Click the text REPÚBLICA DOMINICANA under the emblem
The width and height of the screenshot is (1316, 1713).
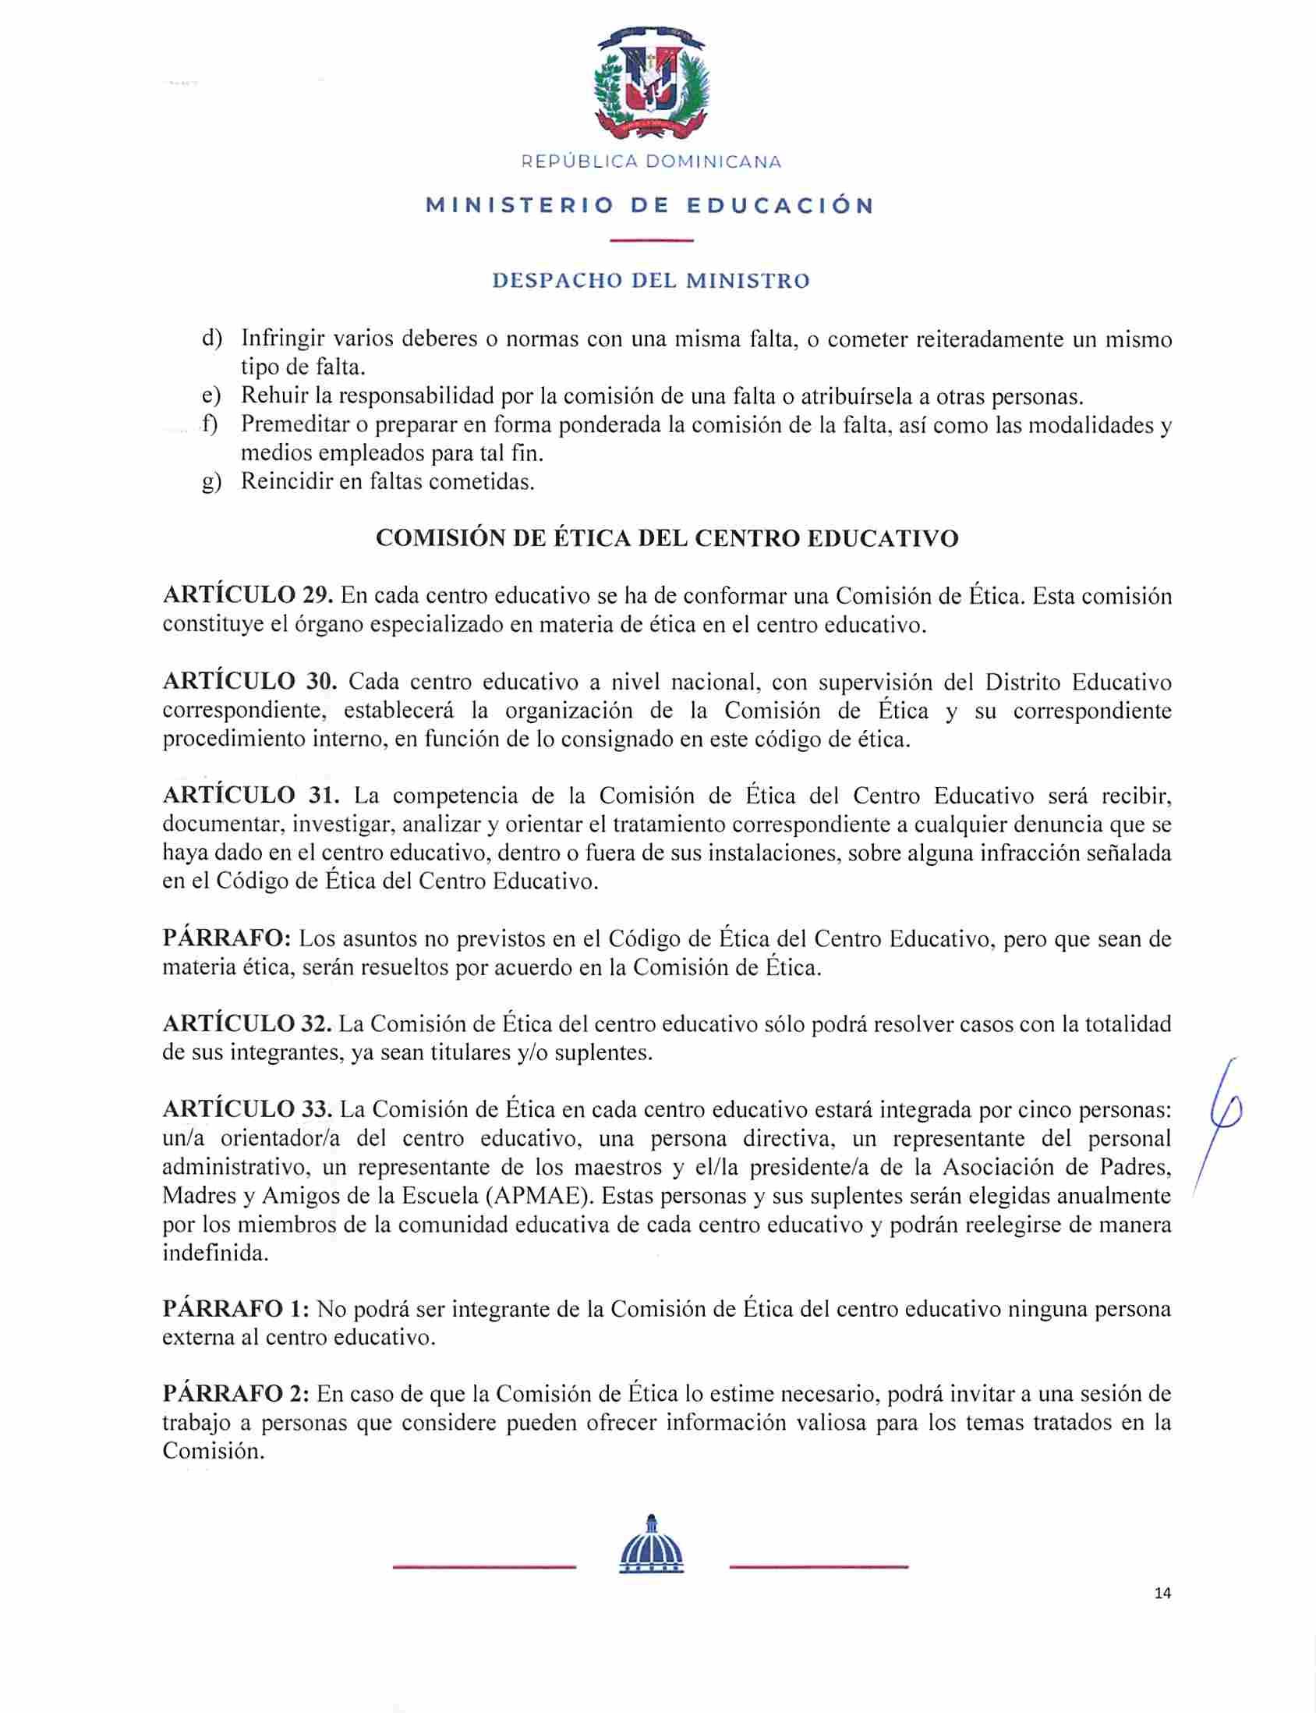click(x=652, y=162)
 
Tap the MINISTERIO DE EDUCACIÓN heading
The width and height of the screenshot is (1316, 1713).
click(x=650, y=206)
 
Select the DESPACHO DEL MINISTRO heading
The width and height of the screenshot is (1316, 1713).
click(x=651, y=281)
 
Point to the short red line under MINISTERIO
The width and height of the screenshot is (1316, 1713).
click(x=651, y=239)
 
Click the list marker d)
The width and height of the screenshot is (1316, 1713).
click(x=211, y=339)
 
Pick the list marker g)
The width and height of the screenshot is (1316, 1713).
click(x=211, y=482)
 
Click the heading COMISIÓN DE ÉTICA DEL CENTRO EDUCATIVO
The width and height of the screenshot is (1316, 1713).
click(x=667, y=539)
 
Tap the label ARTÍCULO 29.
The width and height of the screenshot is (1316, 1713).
click(x=249, y=596)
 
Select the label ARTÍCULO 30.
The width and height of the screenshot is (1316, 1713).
click(x=250, y=682)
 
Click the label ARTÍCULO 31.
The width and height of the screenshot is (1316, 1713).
click(x=251, y=796)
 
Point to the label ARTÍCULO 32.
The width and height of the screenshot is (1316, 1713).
click(x=249, y=1023)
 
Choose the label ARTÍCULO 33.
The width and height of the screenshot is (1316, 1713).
click(x=249, y=1109)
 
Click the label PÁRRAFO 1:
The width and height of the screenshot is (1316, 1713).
click(x=235, y=1310)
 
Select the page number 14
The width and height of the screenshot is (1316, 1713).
click(x=1162, y=1592)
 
